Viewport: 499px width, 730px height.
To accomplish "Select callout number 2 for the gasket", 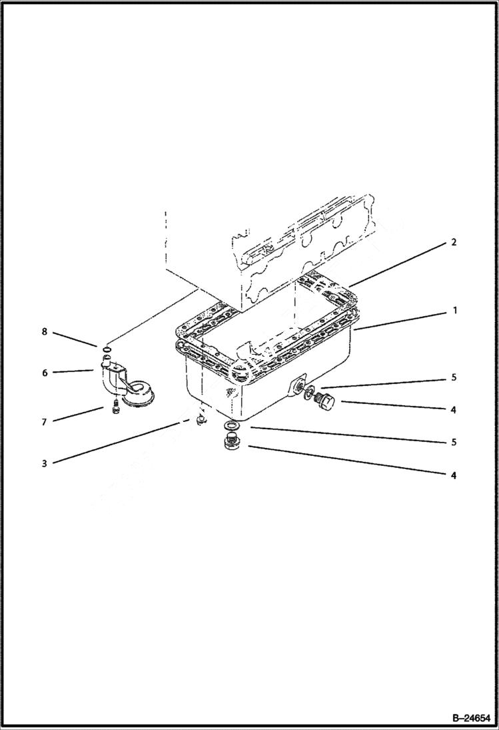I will click(453, 243).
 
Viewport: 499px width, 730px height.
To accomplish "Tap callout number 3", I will click(45, 463).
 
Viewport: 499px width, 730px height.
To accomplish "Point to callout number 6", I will click(45, 373).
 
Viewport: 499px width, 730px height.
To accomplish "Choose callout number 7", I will click(45, 422).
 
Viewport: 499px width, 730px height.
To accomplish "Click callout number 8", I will click(45, 331).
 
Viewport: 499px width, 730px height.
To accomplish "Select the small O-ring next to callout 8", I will click(106, 347).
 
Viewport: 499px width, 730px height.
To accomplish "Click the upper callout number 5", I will click(453, 377).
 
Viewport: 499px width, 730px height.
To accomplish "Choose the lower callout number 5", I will click(453, 442).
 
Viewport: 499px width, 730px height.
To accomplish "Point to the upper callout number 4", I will click(453, 410).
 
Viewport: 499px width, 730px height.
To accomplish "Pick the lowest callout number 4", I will click(453, 475).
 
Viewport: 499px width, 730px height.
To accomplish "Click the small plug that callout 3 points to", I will click(198, 419).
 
